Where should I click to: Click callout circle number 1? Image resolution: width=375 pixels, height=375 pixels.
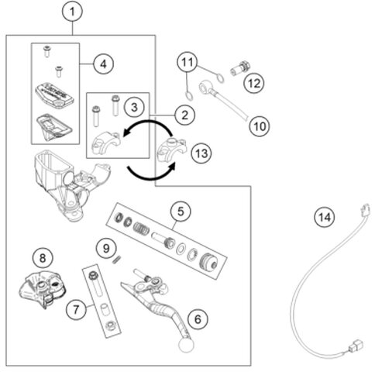tap(73, 12)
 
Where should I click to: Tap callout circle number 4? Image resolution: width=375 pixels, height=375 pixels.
tap(103, 64)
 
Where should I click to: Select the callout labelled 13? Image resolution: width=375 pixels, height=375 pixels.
tap(201, 153)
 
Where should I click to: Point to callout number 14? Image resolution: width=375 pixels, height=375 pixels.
tap(325, 217)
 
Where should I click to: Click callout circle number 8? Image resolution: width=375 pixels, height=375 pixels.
tap(43, 258)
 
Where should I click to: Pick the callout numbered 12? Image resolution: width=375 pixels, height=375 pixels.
tap(254, 83)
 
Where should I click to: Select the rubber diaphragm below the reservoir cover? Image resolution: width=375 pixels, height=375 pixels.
tap(54, 126)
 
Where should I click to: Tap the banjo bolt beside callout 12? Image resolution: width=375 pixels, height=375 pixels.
tap(240, 68)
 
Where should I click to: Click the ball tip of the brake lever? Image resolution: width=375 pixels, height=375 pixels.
tap(186, 345)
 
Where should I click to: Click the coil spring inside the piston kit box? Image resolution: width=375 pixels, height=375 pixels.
tap(142, 228)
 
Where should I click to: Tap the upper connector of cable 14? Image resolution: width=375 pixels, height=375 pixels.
tap(363, 212)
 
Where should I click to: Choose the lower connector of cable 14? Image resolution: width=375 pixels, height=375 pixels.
tap(357, 346)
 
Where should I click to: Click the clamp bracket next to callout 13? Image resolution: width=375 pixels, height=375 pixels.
tap(172, 150)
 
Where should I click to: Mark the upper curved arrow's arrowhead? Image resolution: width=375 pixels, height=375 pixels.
tap(127, 132)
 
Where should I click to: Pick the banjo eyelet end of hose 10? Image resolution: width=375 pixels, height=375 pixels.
tap(206, 86)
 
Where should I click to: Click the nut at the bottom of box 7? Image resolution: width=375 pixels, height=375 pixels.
tap(111, 325)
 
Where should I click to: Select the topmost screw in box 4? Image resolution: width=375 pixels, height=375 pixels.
tap(47, 51)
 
